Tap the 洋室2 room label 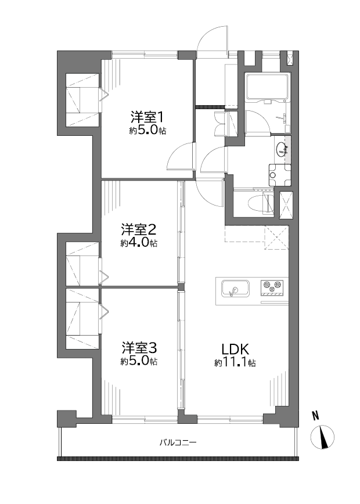[139, 229]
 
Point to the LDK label [235, 349]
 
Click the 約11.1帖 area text [235, 363]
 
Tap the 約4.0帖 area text [139, 243]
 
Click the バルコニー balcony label [178, 442]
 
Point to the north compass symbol [322, 437]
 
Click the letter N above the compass [316, 416]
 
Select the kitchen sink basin [235, 289]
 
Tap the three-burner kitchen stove [272, 289]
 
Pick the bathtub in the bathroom [268, 87]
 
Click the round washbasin [282, 149]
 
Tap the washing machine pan [279, 175]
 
